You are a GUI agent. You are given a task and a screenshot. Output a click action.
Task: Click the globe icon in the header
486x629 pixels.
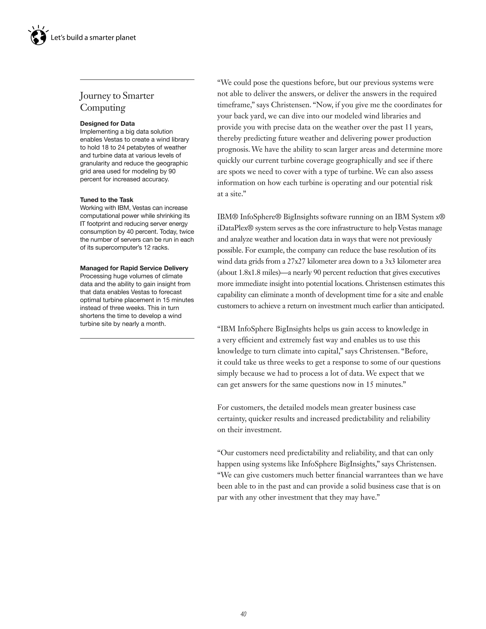click(x=38, y=38)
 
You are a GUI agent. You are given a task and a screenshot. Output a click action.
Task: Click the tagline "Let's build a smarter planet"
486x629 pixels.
click(x=93, y=38)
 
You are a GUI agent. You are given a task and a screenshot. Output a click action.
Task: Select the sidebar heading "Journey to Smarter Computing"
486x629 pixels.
click(x=117, y=101)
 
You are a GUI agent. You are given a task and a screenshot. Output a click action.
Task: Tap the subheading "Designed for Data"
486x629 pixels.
click(x=107, y=124)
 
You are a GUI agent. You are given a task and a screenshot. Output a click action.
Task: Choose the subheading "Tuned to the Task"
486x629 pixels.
click(x=107, y=200)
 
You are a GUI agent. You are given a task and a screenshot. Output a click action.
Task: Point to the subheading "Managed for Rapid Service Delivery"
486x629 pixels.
click(x=134, y=268)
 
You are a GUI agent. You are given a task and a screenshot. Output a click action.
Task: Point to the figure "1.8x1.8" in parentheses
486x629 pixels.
click(x=249, y=272)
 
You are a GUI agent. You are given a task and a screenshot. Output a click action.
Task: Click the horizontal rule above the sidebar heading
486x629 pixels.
click(x=137, y=80)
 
